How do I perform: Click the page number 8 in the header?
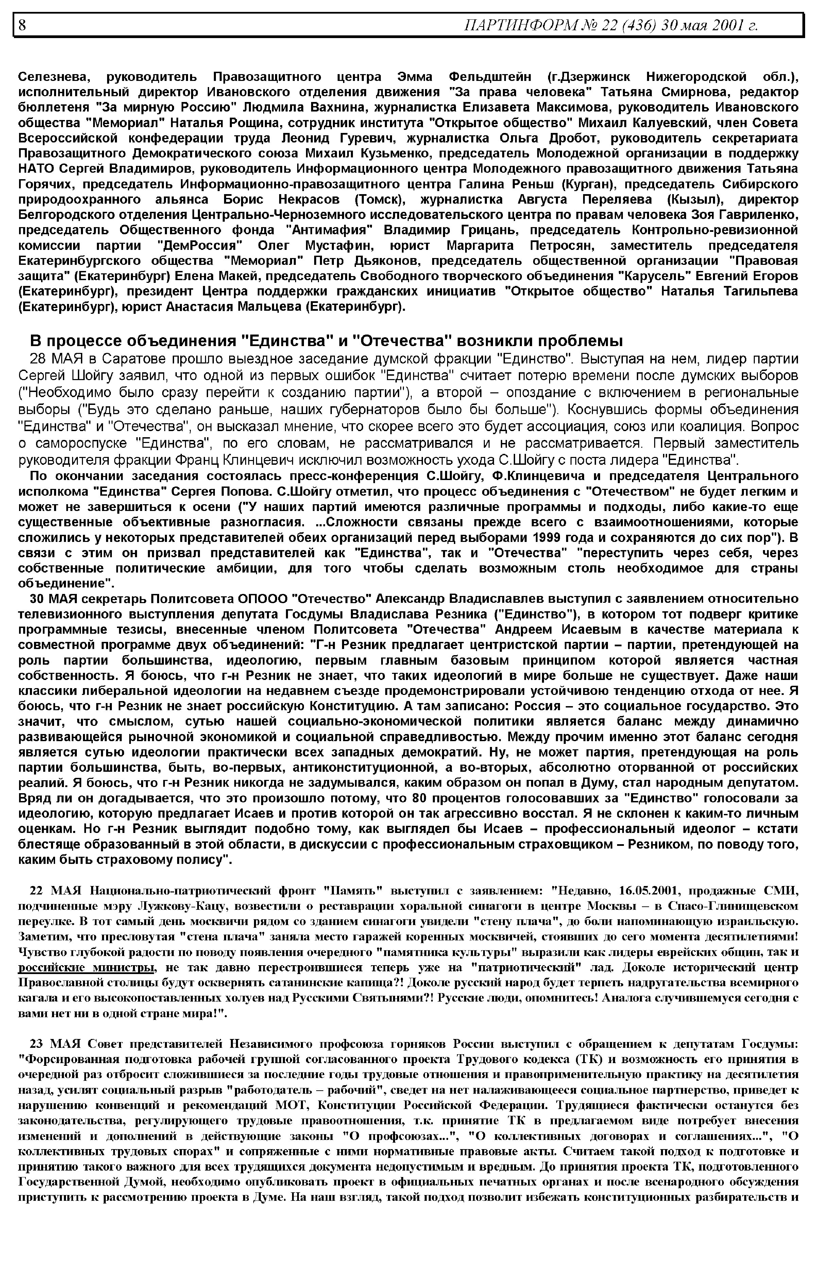[x=22, y=24]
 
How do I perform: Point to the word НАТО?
[x=36, y=169]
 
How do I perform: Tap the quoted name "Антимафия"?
[x=329, y=231]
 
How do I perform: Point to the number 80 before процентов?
[x=419, y=798]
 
